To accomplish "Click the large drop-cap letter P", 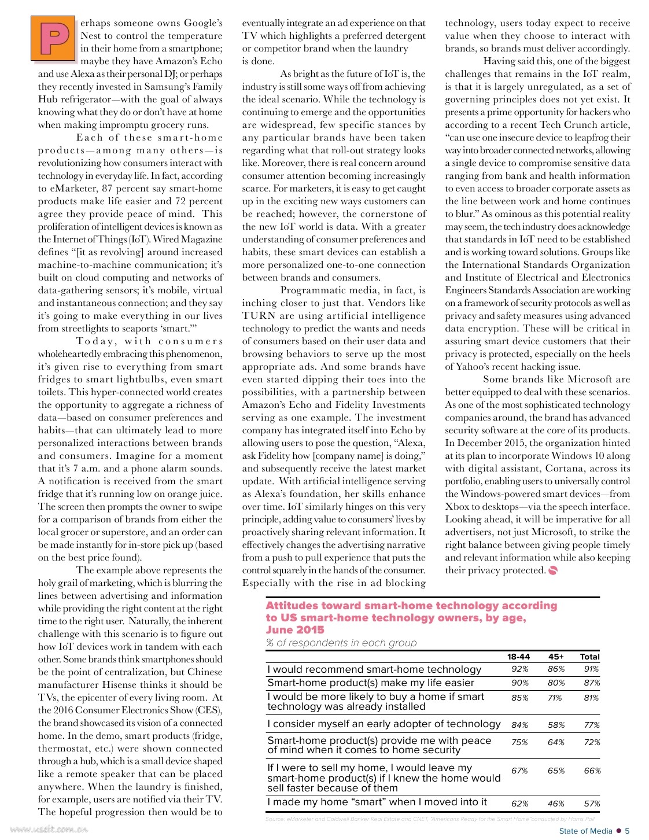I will [53, 39].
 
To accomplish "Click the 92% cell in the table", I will [519, 669].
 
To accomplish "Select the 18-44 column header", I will [518, 657].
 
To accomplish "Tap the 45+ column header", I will [556, 657].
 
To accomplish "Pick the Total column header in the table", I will [589, 657].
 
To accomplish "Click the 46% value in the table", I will [556, 804].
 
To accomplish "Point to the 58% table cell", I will [556, 725].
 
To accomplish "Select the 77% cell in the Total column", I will [592, 725].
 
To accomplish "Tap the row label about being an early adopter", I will [384, 724].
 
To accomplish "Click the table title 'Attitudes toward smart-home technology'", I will [411, 606].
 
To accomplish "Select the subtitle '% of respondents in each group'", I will [341, 643].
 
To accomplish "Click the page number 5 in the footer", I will [627, 831].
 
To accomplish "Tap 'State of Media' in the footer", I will [585, 831].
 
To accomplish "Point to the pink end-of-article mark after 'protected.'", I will [552, 571].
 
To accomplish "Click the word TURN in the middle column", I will [259, 316].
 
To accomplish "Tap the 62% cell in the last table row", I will [519, 804].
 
